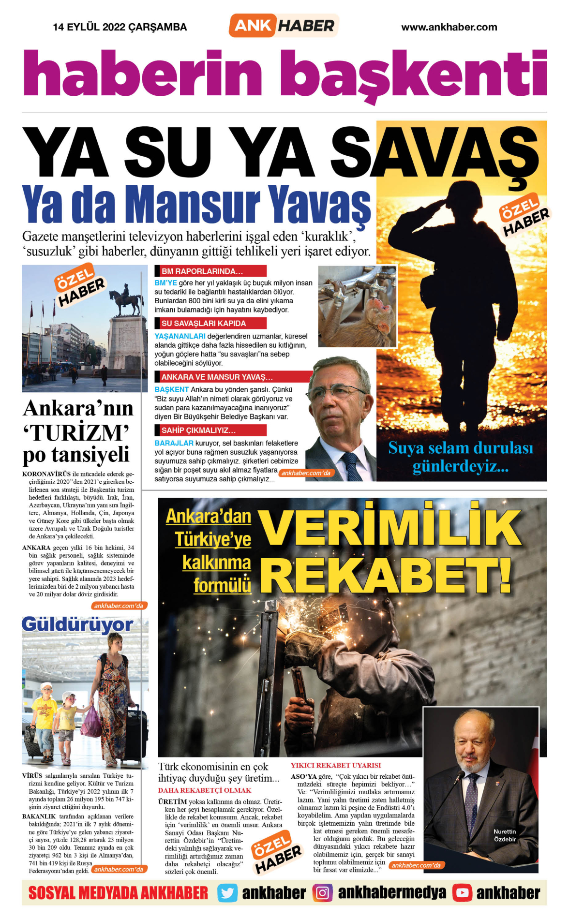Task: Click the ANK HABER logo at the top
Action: [x=284, y=26]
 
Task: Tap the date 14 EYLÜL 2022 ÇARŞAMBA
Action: [x=120, y=27]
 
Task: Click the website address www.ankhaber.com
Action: [x=449, y=27]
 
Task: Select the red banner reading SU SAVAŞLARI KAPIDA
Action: [x=210, y=323]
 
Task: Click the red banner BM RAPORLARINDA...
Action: [x=210, y=271]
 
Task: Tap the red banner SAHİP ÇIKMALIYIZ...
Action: [x=210, y=430]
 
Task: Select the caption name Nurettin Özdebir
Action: [x=505, y=835]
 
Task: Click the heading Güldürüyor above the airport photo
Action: [x=77, y=624]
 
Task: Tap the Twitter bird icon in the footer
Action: [x=227, y=893]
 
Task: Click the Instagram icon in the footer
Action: [x=322, y=893]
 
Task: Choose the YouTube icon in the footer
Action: [x=462, y=893]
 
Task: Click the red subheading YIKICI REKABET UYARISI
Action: [x=336, y=765]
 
